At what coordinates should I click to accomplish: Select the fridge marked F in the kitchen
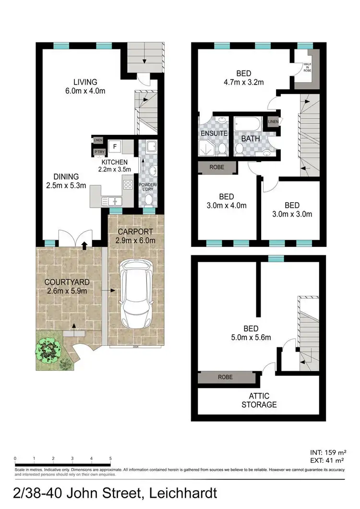(115, 146)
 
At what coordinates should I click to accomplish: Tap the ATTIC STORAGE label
(259, 400)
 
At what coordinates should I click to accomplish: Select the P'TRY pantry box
(97, 153)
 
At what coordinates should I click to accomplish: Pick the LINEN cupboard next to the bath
(273, 122)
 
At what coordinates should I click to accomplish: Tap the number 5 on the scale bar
(110, 458)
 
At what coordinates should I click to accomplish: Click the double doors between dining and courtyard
(73, 238)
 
